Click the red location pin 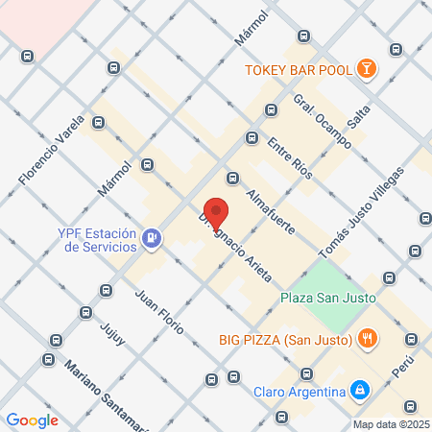coord(217,213)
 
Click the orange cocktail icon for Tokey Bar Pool coord(367,68)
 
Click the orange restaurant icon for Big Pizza coord(367,338)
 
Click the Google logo coord(33,420)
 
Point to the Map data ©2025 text coord(391,424)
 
